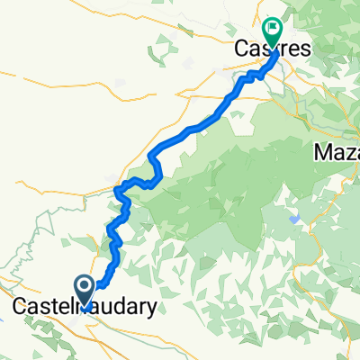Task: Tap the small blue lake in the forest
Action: [x=294, y=219]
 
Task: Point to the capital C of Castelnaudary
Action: [x=20, y=307]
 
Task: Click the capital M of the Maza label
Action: [x=321, y=154]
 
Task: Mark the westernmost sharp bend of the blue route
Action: [x=118, y=189]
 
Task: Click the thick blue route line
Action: [x=189, y=131]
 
